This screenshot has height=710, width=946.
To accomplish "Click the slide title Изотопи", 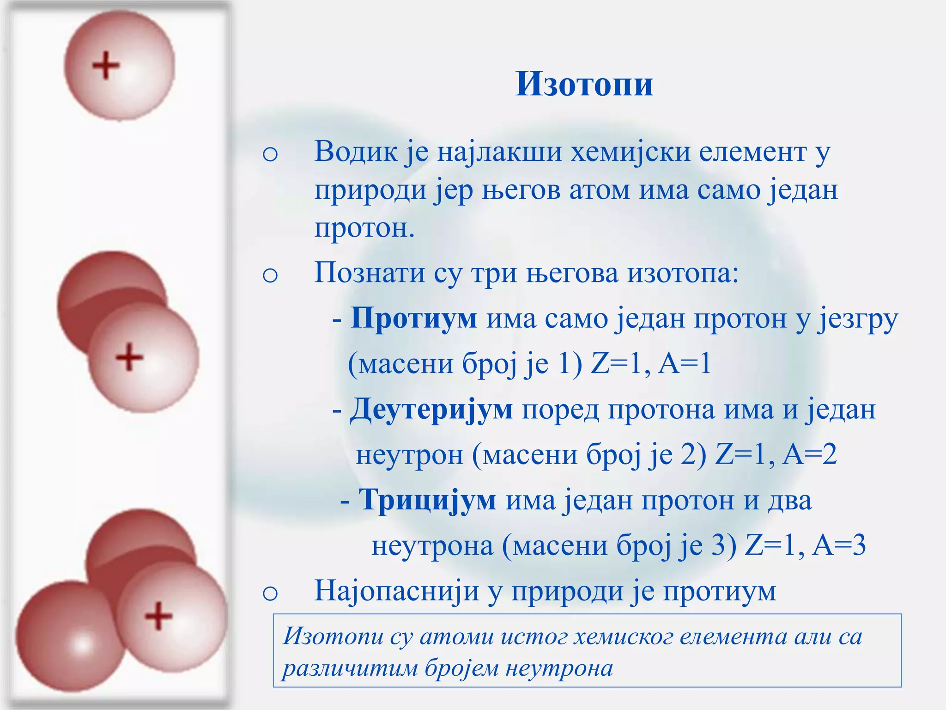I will tap(584, 85).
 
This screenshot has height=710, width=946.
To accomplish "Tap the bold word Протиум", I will tap(413, 318).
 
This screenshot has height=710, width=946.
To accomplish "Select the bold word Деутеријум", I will tap(431, 410).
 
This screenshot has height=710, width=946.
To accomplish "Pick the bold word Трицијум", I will tap(428, 501).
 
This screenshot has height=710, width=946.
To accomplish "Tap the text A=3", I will tap(839, 546).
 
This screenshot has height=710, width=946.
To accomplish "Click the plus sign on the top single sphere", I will tap(106, 65).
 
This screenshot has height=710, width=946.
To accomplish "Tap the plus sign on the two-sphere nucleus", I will tap(129, 357).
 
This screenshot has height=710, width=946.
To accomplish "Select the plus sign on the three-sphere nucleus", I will tap(158, 616).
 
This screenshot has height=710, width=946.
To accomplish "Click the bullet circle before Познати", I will tap(270, 275).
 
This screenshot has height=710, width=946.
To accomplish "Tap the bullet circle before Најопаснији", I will tap(270, 594).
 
